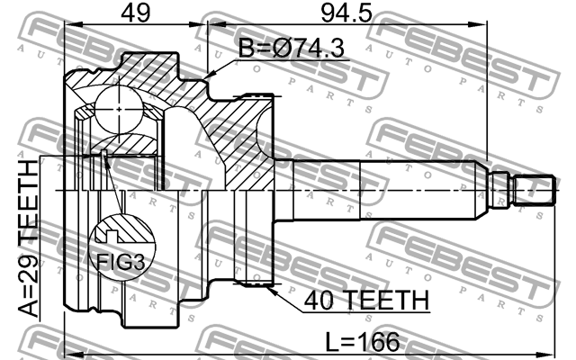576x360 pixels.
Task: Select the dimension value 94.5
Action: tap(346, 13)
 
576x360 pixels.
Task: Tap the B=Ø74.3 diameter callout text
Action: tap(292, 48)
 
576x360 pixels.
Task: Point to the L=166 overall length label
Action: tap(363, 342)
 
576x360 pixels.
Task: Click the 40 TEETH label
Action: tap(366, 300)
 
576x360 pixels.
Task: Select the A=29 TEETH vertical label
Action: tap(28, 238)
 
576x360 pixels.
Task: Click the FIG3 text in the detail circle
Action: tap(121, 262)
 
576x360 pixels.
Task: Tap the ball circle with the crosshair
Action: tap(119, 109)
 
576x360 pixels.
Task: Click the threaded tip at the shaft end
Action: tap(534, 190)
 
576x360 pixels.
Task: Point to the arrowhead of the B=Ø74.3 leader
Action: tap(208, 76)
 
